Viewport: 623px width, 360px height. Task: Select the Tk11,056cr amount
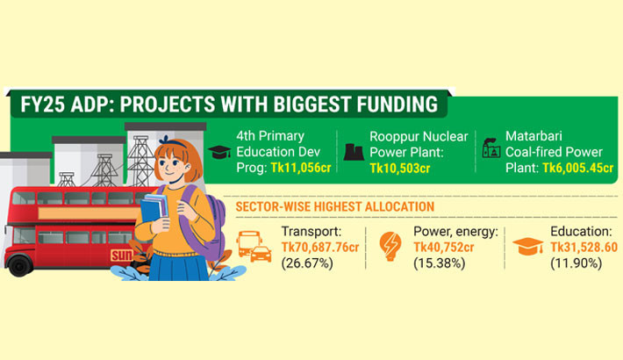click(300, 167)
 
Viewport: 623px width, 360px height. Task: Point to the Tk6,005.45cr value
click(576, 167)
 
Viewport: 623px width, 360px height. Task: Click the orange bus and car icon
click(254, 247)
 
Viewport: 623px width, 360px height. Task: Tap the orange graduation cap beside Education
click(528, 247)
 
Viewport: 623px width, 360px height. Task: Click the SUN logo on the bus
click(120, 256)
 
